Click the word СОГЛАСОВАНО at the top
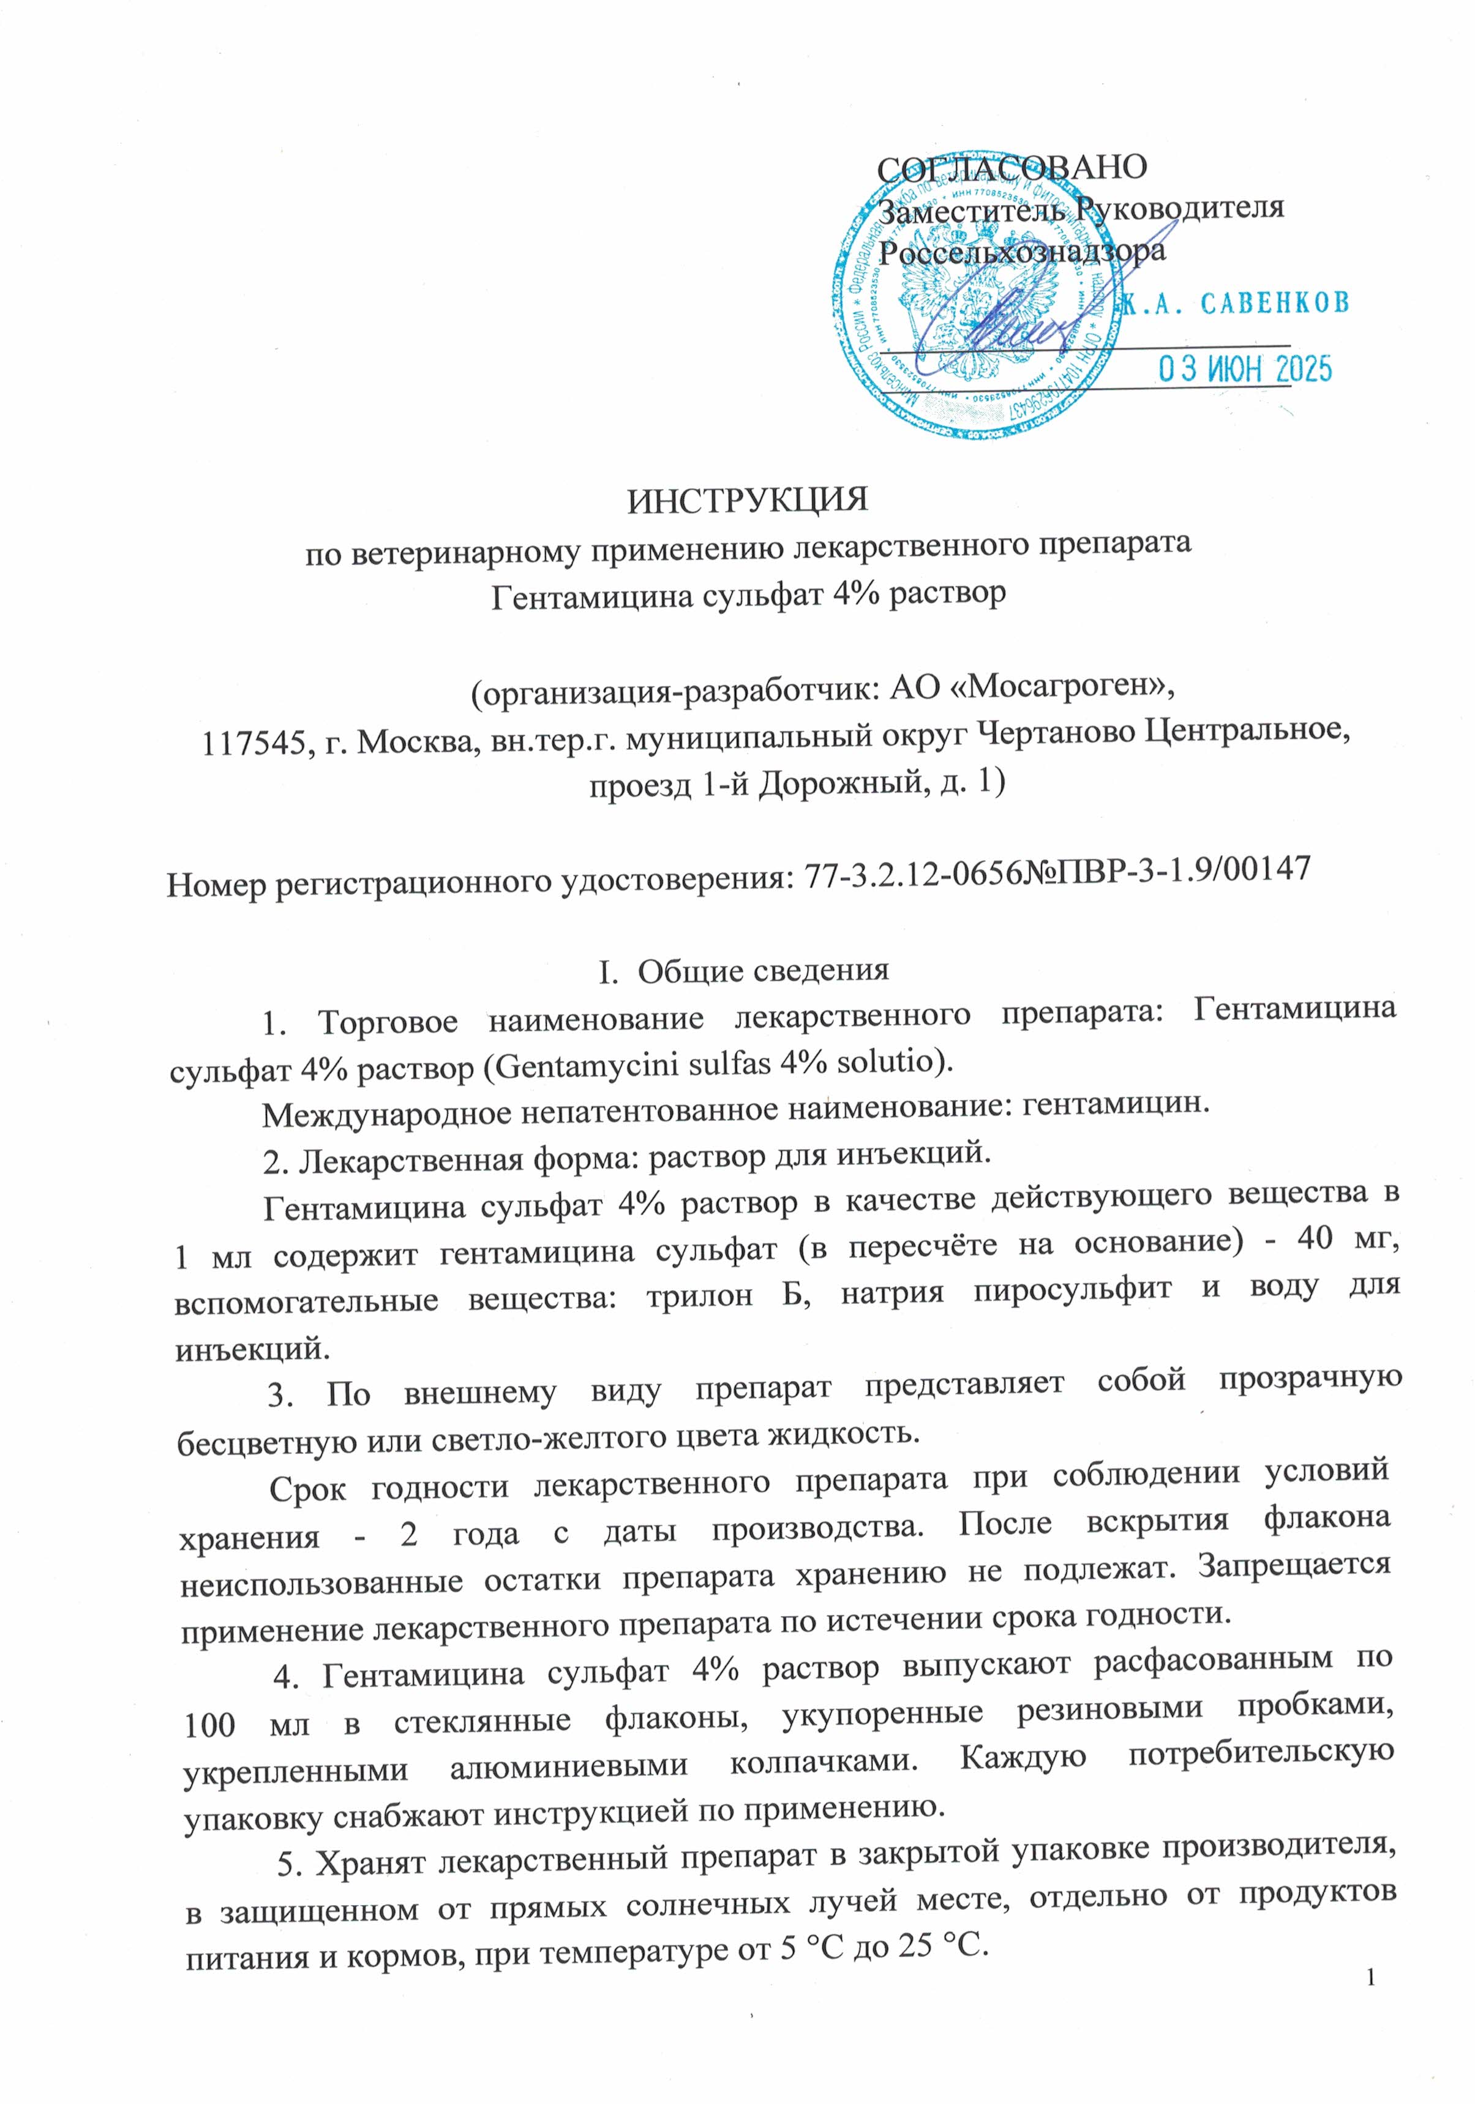coord(1011,167)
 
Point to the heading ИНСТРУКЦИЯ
coord(747,500)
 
